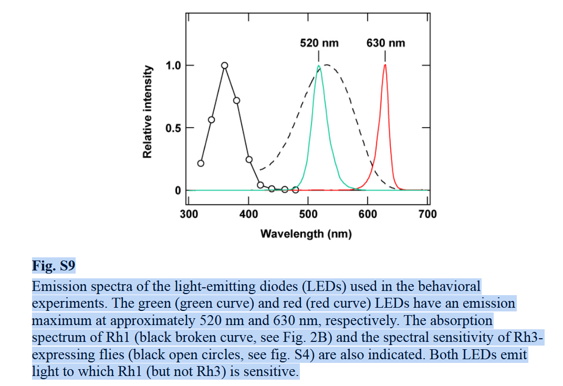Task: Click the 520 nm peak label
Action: pos(319,43)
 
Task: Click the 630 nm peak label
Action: pos(385,43)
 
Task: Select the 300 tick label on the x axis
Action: pos(189,214)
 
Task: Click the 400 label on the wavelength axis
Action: pos(248,214)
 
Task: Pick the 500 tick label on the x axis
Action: pos(308,214)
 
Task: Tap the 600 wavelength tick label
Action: pos(368,214)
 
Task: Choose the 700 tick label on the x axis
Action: pos(428,214)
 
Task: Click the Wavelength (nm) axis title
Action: pos(306,234)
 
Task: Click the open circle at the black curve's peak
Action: pos(224,66)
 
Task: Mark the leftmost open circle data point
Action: pos(201,163)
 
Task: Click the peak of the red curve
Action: pos(385,65)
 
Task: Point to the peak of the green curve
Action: pos(318,66)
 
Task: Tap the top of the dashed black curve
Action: pos(327,65)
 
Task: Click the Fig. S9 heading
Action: pos(54,266)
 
